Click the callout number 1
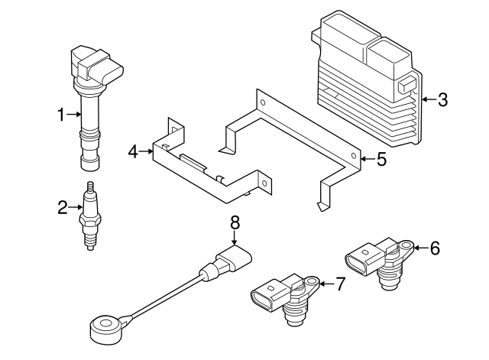(63, 115)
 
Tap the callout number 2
(63, 206)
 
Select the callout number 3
(443, 99)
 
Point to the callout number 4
(133, 152)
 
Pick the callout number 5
(382, 159)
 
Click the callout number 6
(435, 247)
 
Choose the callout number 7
(341, 284)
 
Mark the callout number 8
(235, 222)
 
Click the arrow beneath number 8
(235, 238)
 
